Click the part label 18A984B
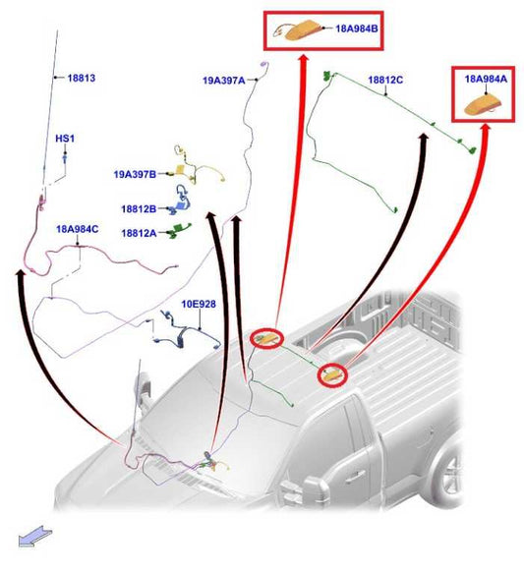(x=356, y=29)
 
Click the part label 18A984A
(x=486, y=79)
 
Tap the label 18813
(x=82, y=78)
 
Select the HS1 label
(x=65, y=139)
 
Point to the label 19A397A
(x=224, y=81)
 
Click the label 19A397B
(x=135, y=174)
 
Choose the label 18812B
(x=139, y=209)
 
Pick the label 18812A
(x=139, y=233)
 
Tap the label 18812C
(x=385, y=80)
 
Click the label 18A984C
(x=78, y=229)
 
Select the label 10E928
(x=199, y=304)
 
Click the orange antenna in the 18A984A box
(x=482, y=106)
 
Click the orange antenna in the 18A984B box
(x=304, y=30)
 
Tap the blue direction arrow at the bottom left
(x=34, y=537)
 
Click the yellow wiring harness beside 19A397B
(x=197, y=166)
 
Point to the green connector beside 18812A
(x=180, y=231)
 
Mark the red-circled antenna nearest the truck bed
(x=332, y=375)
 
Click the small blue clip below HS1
(x=65, y=158)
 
